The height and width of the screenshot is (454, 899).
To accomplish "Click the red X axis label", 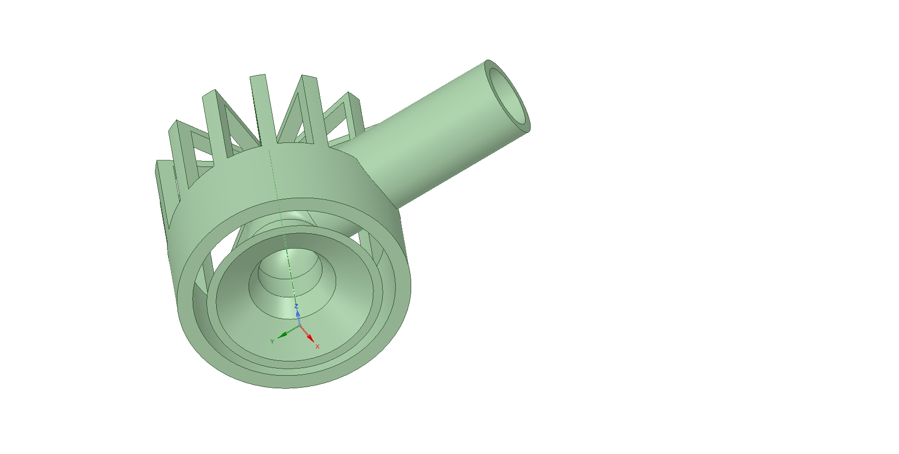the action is coord(318,347).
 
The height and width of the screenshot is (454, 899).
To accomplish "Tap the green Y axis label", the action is coord(273,342).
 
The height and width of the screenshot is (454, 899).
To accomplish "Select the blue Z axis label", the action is coord(296,306).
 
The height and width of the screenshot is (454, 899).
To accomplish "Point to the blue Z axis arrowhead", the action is coord(298,314).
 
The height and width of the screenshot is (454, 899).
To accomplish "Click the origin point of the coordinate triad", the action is coord(299,326).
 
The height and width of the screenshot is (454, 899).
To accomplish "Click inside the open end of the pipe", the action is coord(508,96).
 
